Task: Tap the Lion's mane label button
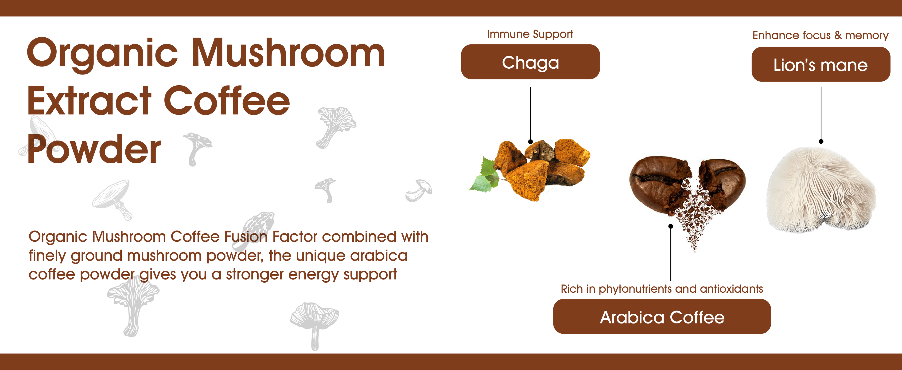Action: tap(821, 64)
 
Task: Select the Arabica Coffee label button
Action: tap(662, 316)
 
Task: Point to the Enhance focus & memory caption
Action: tap(820, 35)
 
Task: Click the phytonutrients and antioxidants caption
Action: tap(662, 289)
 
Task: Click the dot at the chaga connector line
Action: tap(530, 142)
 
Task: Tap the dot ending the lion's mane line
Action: tap(821, 141)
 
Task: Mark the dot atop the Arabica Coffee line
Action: tap(671, 226)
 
